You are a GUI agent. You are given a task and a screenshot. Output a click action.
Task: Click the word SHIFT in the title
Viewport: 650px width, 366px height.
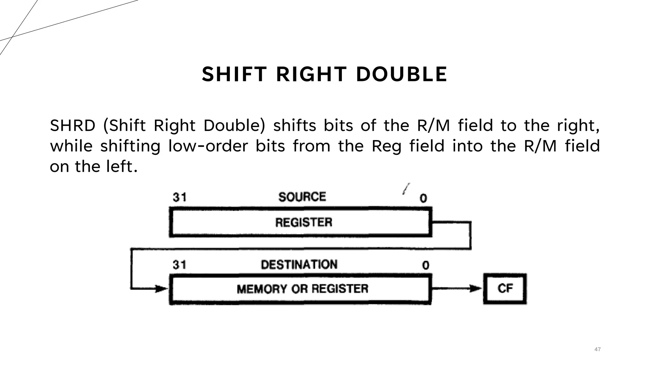tap(234, 74)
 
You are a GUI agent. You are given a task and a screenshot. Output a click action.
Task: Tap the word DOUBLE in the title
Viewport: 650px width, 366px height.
tap(401, 74)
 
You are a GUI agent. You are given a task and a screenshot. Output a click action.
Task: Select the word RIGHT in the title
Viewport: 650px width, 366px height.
tap(311, 74)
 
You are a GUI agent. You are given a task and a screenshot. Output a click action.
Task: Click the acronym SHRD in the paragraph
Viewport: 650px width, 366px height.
tap(73, 125)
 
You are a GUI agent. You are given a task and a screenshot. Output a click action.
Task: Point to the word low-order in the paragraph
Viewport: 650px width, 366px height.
tap(208, 146)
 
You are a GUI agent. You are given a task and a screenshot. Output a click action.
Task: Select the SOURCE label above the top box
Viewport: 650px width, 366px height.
tap(302, 197)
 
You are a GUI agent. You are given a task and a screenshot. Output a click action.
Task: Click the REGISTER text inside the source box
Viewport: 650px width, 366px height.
tap(304, 222)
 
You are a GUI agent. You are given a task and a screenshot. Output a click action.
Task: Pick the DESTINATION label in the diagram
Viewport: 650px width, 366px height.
tap(299, 264)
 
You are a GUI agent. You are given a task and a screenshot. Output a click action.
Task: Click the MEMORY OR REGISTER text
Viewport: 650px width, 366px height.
tap(302, 289)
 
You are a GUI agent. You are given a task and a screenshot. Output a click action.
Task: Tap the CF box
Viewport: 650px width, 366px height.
tap(505, 288)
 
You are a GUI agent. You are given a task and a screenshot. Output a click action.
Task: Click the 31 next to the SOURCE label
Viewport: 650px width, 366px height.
tap(180, 197)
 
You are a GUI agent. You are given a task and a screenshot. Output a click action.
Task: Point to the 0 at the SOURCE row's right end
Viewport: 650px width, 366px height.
tap(423, 198)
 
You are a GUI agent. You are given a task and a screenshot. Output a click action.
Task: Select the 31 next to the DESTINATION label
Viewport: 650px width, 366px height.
tap(180, 264)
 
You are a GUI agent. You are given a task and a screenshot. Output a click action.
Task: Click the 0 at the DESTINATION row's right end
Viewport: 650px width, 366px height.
tap(426, 265)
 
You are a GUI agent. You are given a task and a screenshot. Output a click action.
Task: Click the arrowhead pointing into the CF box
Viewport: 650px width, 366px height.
tap(476, 288)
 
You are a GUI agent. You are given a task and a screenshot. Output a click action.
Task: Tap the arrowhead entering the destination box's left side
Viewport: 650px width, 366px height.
tap(162, 289)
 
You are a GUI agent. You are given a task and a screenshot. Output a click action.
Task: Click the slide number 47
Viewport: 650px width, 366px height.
tap(597, 349)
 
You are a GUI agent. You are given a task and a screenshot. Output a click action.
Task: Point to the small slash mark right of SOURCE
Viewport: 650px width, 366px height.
tap(406, 189)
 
